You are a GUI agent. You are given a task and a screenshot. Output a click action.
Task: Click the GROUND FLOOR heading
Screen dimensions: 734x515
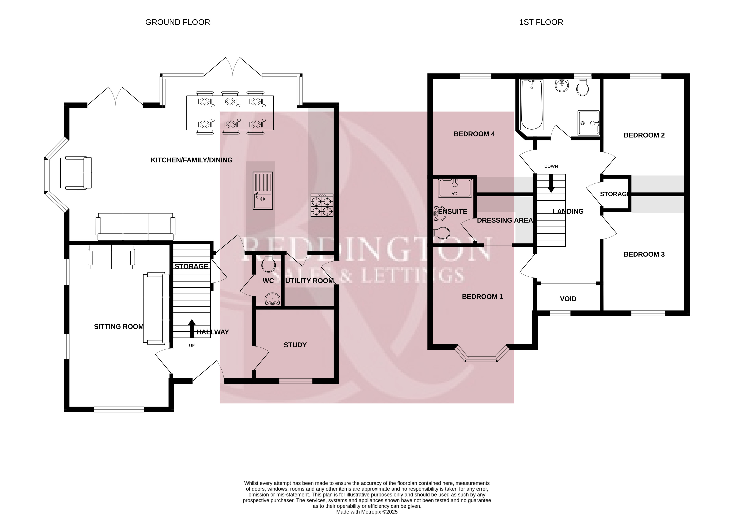177,22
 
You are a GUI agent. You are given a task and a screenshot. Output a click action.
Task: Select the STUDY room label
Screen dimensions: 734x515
295,345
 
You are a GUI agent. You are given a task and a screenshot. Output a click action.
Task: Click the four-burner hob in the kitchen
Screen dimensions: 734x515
322,205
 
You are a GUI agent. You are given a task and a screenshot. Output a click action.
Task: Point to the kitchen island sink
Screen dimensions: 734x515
263,191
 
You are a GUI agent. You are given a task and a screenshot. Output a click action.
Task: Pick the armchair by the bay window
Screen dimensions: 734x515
76,173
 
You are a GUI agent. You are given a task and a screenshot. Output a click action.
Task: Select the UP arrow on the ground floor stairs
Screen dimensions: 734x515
192,329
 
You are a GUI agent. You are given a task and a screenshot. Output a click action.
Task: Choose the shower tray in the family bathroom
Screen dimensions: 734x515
588,123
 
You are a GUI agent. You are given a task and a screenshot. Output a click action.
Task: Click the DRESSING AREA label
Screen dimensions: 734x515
505,220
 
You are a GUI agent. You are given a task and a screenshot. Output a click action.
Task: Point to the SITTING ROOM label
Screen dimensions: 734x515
119,327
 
